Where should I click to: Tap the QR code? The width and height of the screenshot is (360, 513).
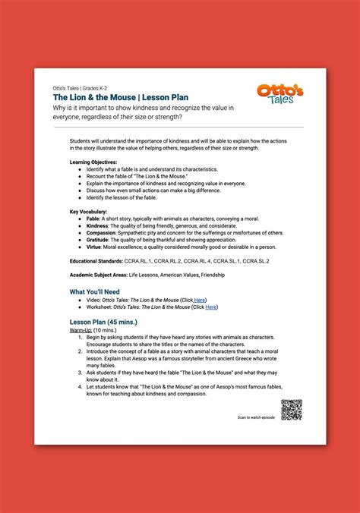coord(292,410)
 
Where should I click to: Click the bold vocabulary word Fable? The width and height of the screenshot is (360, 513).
coord(93,218)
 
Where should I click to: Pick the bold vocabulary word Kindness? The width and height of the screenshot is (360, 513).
coord(97,225)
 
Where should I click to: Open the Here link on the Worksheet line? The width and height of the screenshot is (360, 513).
coord(211,307)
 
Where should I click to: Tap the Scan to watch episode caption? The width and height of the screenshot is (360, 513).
coord(257,417)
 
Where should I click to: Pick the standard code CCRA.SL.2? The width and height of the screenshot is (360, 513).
coord(255,261)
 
